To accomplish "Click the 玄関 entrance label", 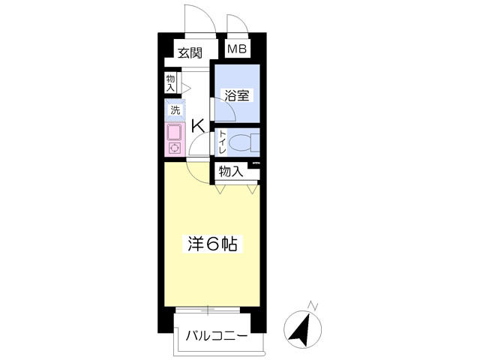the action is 190,53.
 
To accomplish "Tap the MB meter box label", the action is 237,49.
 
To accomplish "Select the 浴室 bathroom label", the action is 237,95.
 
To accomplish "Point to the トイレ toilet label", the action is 222,142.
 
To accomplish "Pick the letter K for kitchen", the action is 198,126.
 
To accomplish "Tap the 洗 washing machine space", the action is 175,110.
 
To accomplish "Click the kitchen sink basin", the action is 175,132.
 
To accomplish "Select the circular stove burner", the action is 175,148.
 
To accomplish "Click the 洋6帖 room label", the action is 212,244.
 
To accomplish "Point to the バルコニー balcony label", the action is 217,336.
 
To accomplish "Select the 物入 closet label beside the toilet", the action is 231,172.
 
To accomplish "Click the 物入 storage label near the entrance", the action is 170,83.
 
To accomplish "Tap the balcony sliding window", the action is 208,310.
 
